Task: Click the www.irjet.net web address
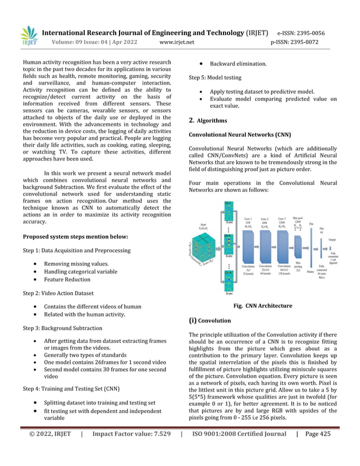click(177, 42)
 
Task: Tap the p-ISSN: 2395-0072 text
click(295, 42)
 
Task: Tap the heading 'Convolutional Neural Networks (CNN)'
click(240, 135)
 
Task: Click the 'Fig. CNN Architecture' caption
click(262, 306)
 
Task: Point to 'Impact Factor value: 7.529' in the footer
click(131, 450)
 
